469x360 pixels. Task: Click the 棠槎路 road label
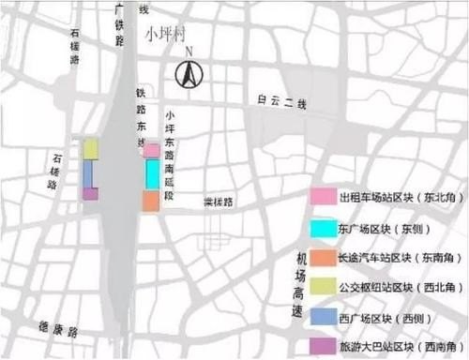pos(218,202)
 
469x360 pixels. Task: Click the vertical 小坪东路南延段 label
pos(169,141)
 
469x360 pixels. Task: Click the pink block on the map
pos(151,150)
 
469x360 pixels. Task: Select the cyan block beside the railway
pos(152,173)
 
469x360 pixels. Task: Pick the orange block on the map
pos(150,200)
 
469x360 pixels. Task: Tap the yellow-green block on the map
pos(91,148)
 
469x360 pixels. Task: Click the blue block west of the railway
pos(87,174)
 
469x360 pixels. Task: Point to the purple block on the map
pos(90,194)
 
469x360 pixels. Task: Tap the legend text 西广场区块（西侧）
pos(385,316)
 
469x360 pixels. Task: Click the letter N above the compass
pos(189,52)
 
